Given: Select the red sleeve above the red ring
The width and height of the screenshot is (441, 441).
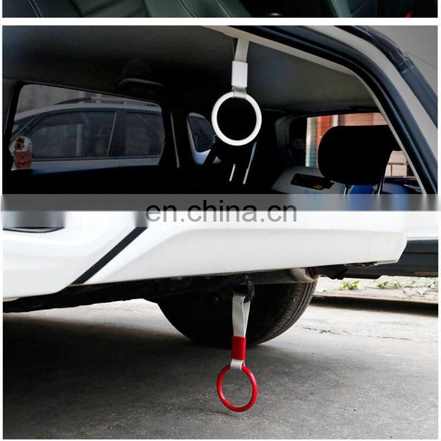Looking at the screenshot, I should click(238, 348).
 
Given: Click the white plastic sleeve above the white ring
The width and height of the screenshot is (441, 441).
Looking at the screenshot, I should click(239, 74).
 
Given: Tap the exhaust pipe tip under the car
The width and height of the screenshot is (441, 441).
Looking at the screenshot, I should click(302, 275).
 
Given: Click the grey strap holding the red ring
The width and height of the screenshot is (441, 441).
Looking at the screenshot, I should click(240, 315).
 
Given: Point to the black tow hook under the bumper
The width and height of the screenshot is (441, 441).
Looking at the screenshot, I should click(247, 288).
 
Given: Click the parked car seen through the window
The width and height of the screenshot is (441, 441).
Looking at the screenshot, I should click(88, 132).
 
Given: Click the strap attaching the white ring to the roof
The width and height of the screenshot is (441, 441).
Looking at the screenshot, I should click(242, 49).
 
